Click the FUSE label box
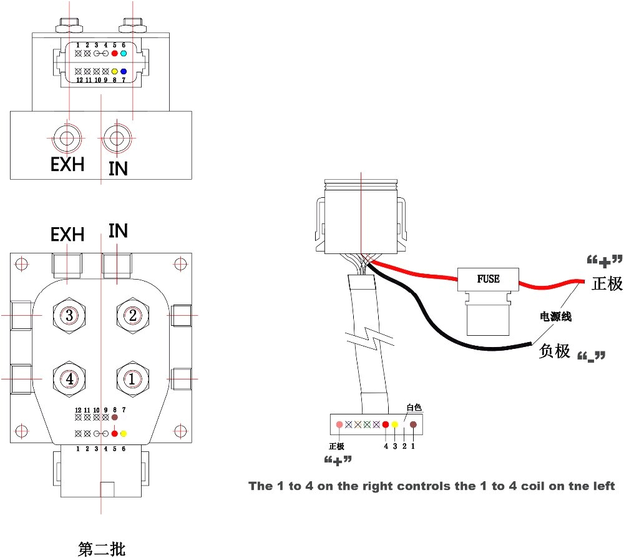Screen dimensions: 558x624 pos(488,278)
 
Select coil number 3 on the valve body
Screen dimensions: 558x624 pos(69,316)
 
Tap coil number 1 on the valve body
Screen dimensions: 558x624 pos(132,378)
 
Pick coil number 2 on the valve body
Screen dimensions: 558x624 pos(132,316)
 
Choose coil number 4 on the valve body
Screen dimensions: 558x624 pos(69,378)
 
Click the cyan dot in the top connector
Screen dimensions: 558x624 pos(124,54)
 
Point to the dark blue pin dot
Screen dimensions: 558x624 pos(124,71)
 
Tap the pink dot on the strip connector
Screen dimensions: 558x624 pos(339,424)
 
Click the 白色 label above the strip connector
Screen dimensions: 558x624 pos(414,408)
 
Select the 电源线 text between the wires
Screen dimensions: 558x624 pos(555,316)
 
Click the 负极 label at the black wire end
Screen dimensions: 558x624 pos(555,351)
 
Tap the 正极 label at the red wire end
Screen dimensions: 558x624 pos(607,283)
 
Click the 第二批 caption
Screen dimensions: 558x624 pos(102,549)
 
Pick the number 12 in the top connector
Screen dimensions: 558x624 pos(79,80)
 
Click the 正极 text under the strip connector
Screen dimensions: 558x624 pos(337,446)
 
